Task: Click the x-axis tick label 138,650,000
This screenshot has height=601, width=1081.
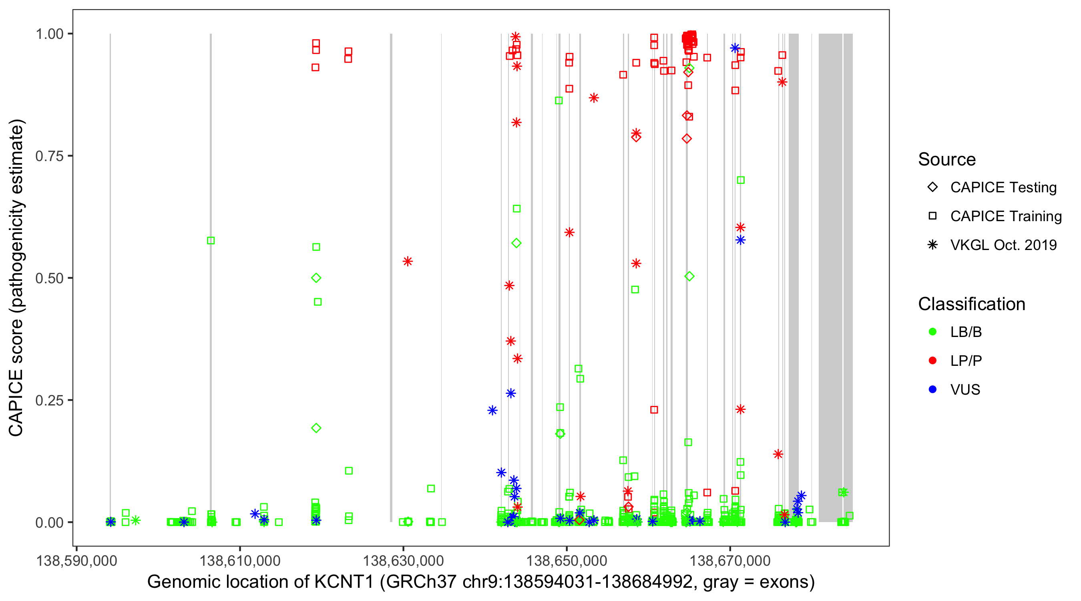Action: click(x=567, y=561)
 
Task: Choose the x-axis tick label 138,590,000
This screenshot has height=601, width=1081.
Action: click(x=76, y=561)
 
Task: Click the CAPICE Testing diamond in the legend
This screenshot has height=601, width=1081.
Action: click(x=932, y=188)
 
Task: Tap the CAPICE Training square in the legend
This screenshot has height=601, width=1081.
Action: click(x=932, y=216)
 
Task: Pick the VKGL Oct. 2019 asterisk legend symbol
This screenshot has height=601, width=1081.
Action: click(x=932, y=245)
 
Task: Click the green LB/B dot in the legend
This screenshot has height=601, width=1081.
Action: click(x=932, y=332)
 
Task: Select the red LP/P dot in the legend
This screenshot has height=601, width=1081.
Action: click(x=932, y=361)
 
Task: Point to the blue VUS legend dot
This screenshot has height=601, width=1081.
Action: click(x=932, y=389)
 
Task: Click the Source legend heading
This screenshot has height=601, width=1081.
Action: click(x=947, y=159)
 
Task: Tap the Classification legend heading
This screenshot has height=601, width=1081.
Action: click(x=971, y=304)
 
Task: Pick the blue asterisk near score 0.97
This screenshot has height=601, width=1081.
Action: click(x=735, y=48)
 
